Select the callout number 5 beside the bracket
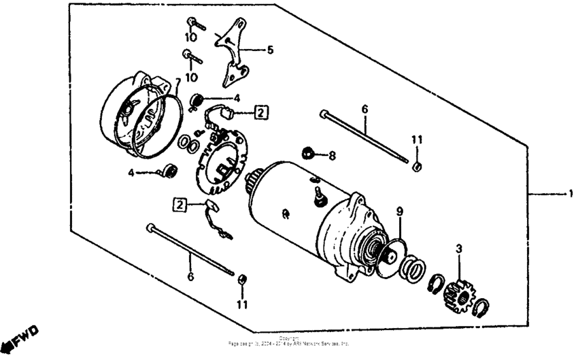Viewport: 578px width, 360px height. pyautogui.click(x=270, y=50)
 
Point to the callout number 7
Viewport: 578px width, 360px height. pyautogui.click(x=177, y=82)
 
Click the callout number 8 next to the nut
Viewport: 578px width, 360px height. pyautogui.click(x=331, y=156)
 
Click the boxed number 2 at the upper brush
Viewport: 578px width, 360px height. pyautogui.click(x=262, y=112)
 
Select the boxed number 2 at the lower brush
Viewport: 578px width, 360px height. pyautogui.click(x=180, y=203)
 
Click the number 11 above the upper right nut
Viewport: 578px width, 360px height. pyautogui.click(x=416, y=140)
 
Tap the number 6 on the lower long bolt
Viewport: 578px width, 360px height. pyautogui.click(x=190, y=276)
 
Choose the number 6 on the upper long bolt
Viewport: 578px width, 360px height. pyautogui.click(x=364, y=109)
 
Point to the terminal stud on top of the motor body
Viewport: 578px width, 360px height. pyautogui.click(x=316, y=195)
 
